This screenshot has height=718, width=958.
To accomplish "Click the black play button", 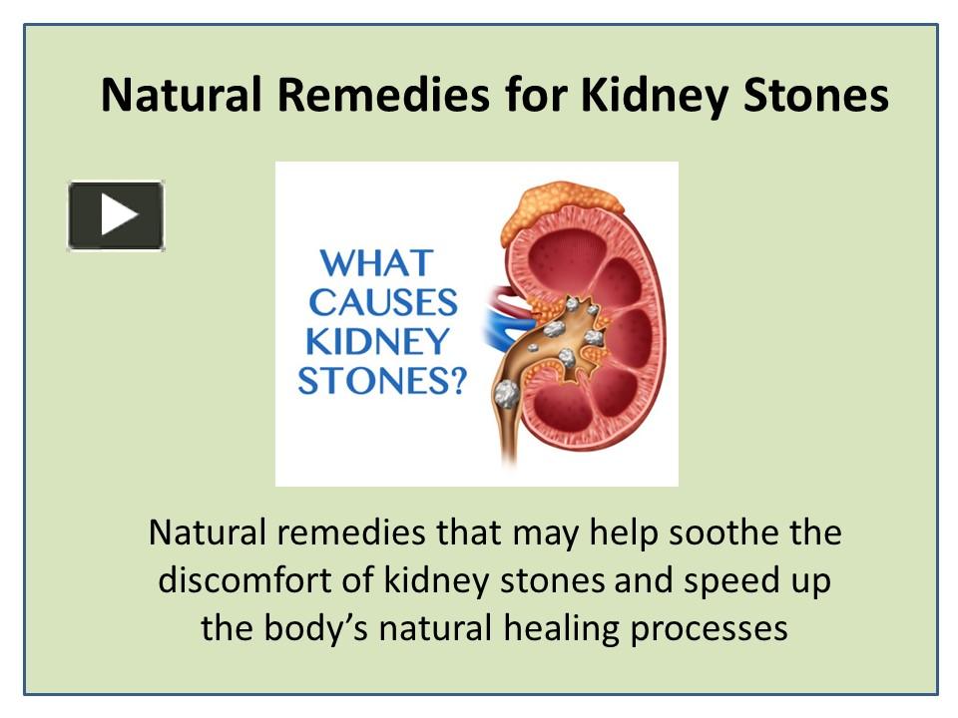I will [x=116, y=214].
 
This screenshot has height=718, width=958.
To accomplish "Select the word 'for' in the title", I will [x=536, y=97].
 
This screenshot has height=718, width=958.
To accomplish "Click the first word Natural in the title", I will [x=183, y=97].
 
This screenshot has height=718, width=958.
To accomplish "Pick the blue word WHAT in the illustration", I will [x=375, y=263].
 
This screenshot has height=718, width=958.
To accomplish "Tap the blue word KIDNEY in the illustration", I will [x=377, y=341].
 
